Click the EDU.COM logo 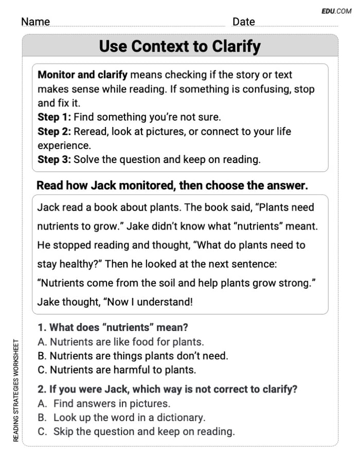point(336,10)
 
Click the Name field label point(35,22)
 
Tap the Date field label point(243,22)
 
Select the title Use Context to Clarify point(179,46)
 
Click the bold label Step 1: point(54,117)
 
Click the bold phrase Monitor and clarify point(82,75)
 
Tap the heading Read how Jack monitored point(172,186)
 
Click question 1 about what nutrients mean point(113,327)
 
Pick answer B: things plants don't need point(133,355)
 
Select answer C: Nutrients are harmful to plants point(117,369)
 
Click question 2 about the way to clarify point(168,389)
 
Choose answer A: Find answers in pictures point(104,404)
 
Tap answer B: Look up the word point(121,418)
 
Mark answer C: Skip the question point(136,432)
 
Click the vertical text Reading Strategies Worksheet point(16,390)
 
